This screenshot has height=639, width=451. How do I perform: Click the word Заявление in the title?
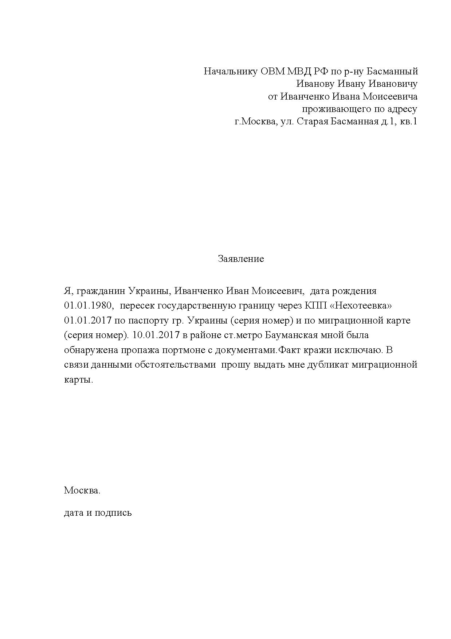[240, 259]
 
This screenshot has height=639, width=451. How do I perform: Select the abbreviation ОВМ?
[273, 71]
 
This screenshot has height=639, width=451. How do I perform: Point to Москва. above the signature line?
[82, 491]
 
